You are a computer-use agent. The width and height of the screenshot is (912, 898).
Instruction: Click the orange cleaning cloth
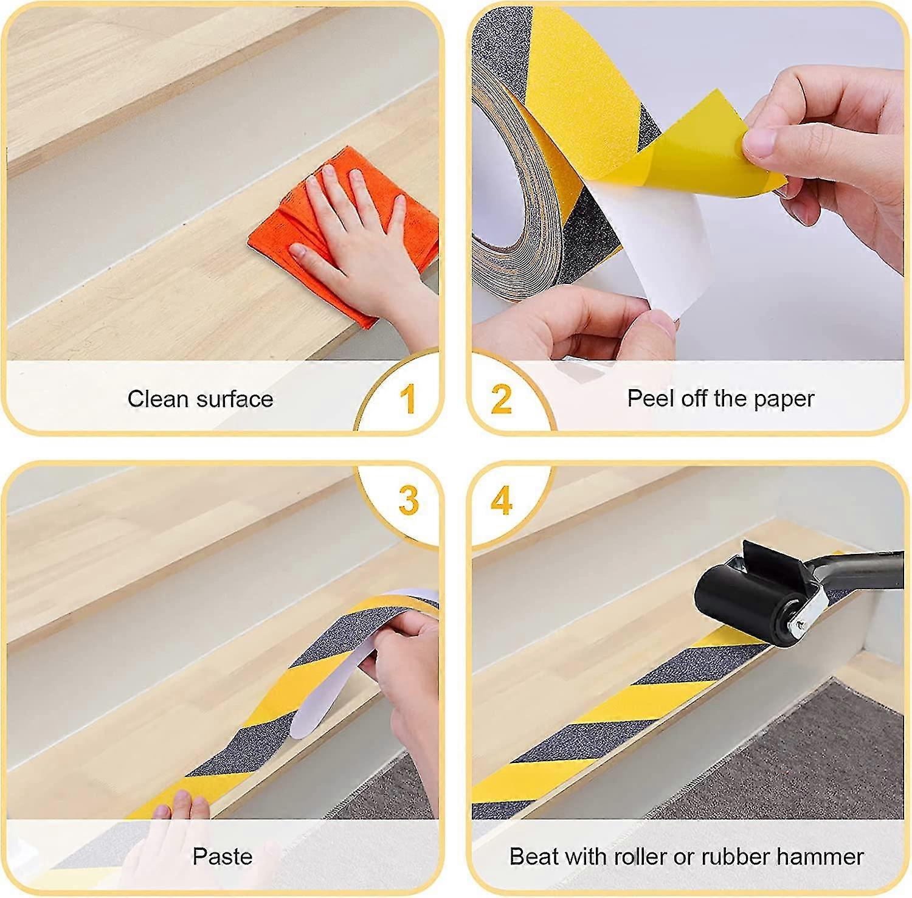point(340,237)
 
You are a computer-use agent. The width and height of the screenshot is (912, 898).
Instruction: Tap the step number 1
point(408,399)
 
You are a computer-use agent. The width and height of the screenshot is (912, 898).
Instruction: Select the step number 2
point(502,399)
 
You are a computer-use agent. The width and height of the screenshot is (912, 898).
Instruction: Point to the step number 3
point(409,500)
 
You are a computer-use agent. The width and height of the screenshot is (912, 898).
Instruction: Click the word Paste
point(223,857)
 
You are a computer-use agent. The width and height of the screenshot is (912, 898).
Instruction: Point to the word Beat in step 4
point(531,857)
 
